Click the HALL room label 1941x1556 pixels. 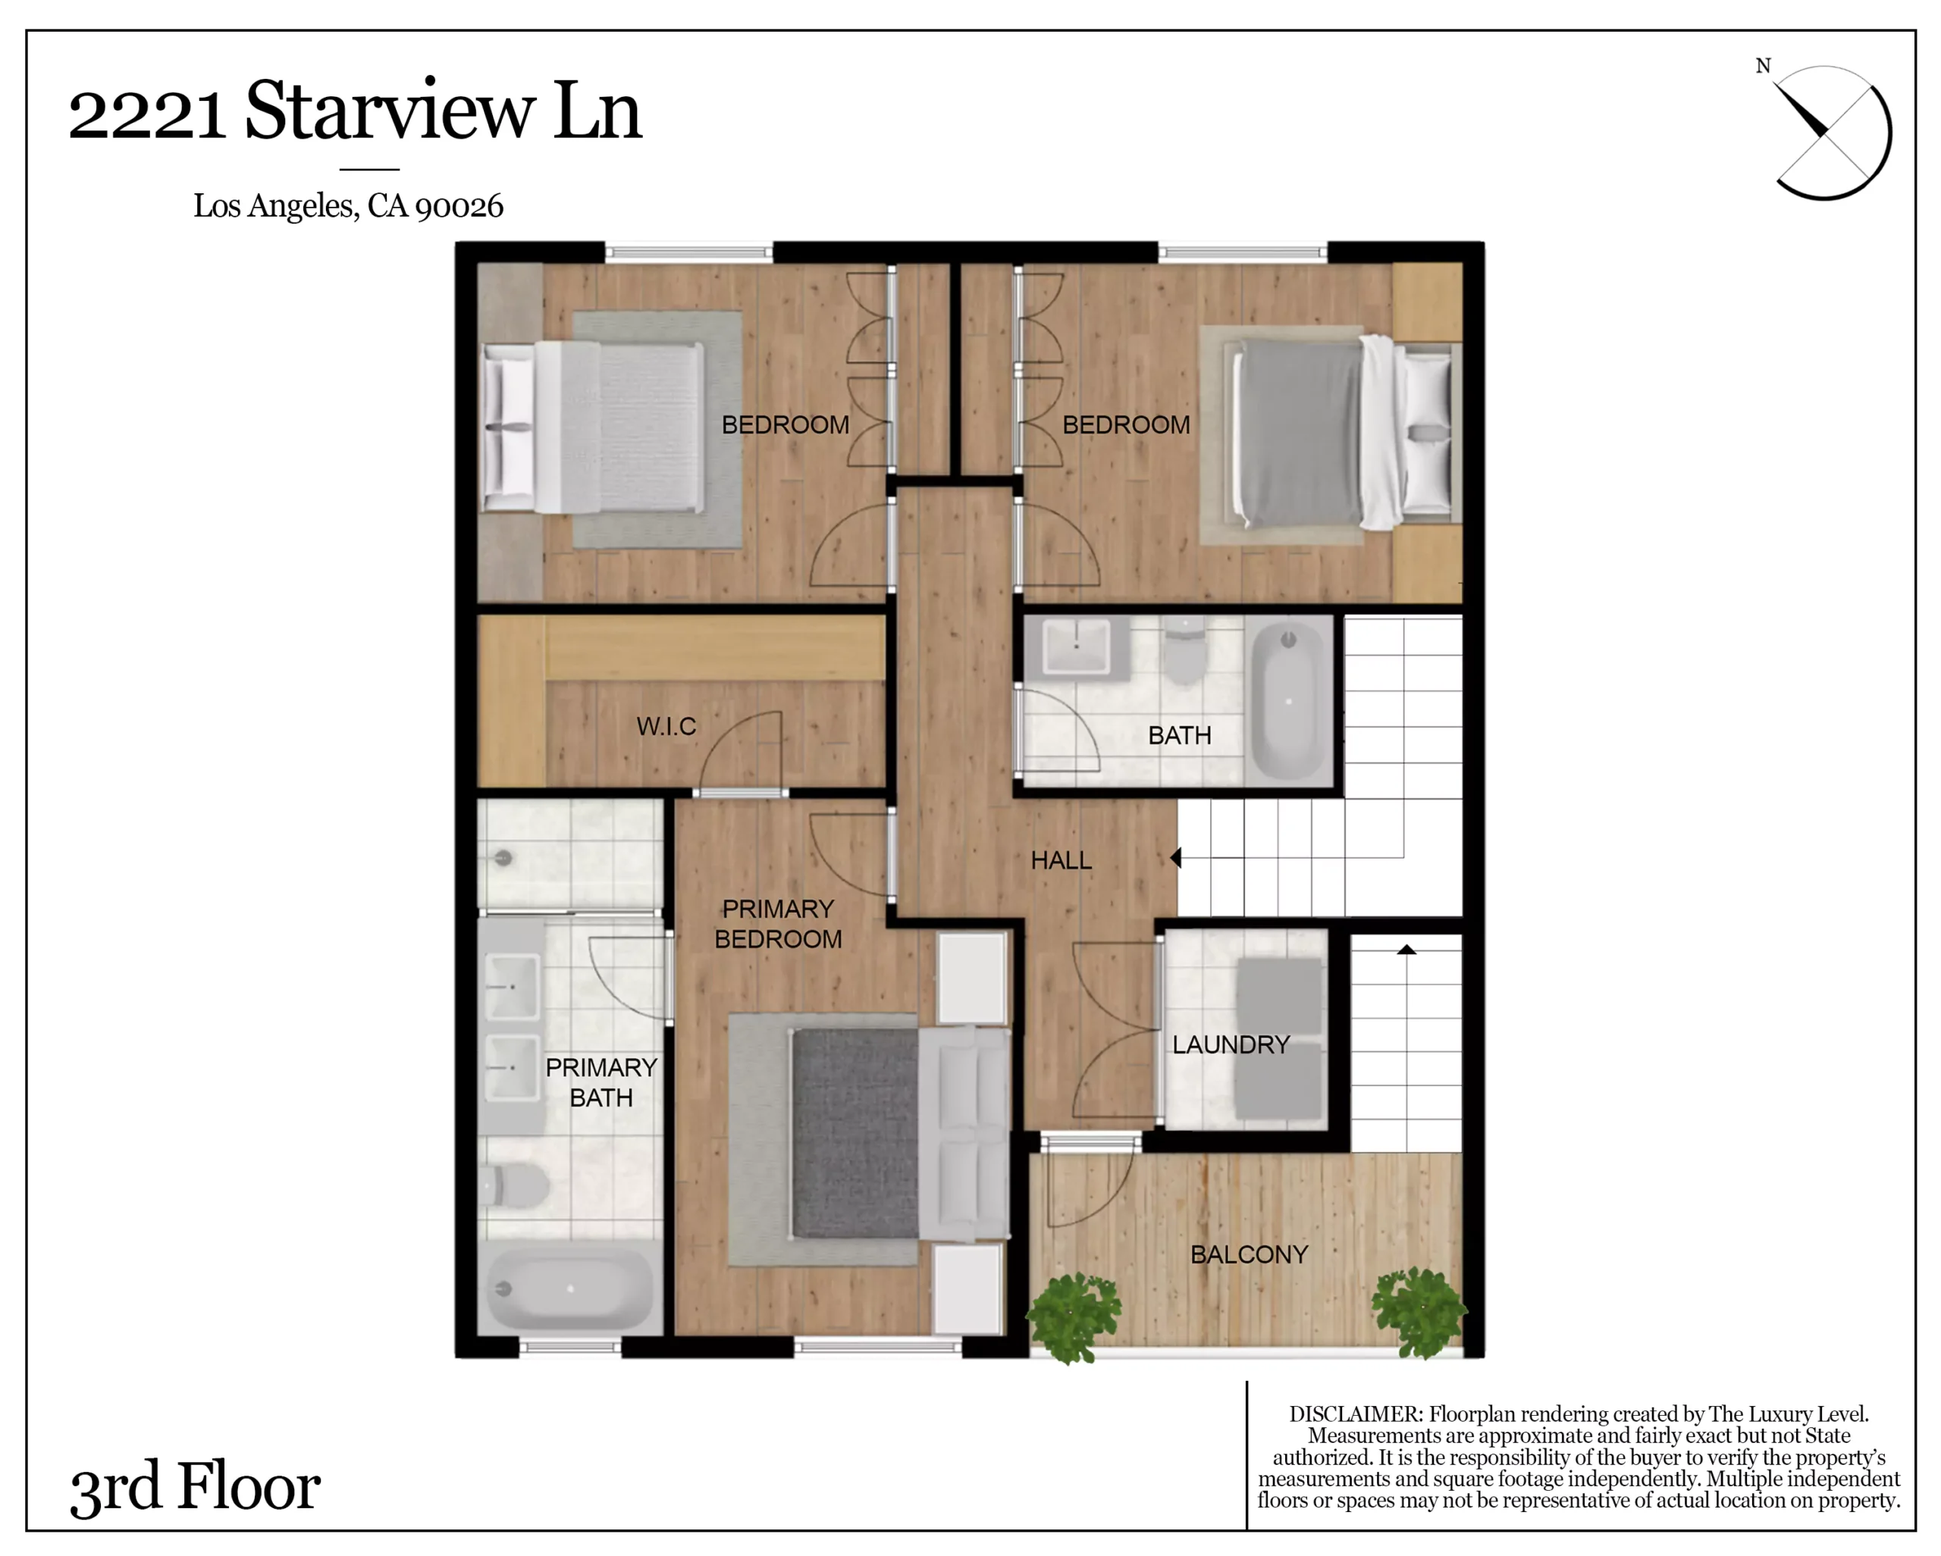pos(1061,860)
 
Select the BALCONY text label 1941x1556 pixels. pos(1249,1254)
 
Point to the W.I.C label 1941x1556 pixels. pos(666,726)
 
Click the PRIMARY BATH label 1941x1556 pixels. pos(601,1082)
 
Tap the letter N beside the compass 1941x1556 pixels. pos(1763,66)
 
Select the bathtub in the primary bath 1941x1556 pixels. pos(569,1288)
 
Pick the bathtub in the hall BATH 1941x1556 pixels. pos(1289,701)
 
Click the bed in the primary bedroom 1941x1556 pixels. pos(900,1133)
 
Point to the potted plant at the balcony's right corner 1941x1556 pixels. pos(1419,1312)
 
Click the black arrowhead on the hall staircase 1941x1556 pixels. pos(1176,858)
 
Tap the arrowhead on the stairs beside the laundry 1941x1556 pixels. pos(1406,950)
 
